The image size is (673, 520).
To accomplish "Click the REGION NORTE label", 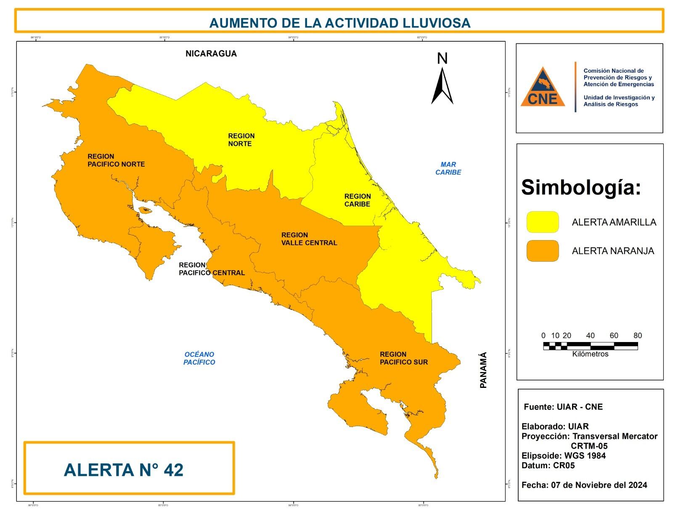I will (241, 140).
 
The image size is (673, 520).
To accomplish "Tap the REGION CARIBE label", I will (357, 200).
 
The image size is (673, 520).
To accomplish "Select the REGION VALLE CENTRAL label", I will (309, 239).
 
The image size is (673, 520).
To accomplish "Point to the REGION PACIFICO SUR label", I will (403, 358).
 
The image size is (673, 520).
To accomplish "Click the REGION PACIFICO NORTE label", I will (116, 160).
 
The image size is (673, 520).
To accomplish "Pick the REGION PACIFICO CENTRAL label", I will (212, 269).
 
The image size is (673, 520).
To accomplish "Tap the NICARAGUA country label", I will (211, 53).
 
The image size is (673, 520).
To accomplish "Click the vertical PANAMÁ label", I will (483, 370).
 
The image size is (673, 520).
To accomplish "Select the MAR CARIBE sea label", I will (448, 168).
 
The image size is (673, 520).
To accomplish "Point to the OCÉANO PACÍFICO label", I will (199, 358).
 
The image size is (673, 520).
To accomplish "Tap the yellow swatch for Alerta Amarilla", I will (543, 222).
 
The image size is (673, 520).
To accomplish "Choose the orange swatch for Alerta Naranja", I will (543, 251).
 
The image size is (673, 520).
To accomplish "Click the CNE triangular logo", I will (543, 88).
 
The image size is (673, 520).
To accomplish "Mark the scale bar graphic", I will (590, 346).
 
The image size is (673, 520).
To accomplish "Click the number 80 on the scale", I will (637, 335).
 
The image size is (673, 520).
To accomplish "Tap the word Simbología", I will (580, 187).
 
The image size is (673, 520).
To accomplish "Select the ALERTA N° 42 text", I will (124, 470).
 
